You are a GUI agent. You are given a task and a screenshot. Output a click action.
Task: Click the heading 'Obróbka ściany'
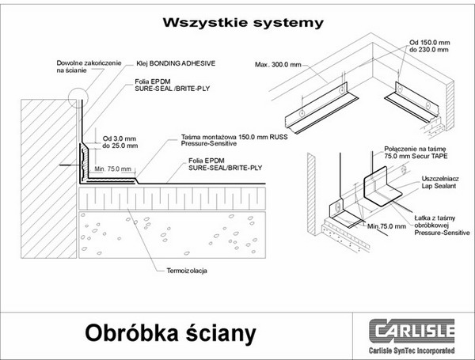(x=170, y=333)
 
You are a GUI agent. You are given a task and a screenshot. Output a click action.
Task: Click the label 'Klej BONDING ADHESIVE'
(x=175, y=61)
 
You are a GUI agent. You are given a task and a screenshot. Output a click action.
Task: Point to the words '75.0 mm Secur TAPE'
(x=408, y=157)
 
